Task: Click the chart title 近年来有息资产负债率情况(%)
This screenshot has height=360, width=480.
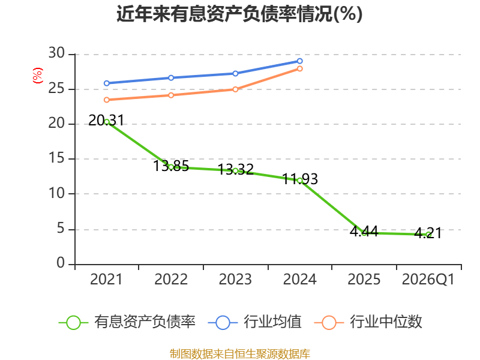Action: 239,14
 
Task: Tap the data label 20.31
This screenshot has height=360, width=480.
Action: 106,121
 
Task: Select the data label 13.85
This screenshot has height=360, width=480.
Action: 171,166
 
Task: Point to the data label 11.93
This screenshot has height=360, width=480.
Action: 299,179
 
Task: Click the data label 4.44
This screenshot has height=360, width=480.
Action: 364,232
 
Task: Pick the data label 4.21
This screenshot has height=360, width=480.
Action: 428,233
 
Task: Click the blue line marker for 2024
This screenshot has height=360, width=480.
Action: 299,61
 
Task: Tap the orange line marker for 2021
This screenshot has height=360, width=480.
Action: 107,100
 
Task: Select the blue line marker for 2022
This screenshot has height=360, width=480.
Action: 171,78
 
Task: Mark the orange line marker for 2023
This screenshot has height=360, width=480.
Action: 235,89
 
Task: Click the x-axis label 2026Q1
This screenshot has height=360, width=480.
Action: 428,280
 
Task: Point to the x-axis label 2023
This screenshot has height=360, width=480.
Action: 235,280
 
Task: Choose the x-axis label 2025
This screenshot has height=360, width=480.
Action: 364,280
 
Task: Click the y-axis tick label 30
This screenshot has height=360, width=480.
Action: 56,53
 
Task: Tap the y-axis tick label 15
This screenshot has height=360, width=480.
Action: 56,158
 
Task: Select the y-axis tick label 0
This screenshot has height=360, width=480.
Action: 61,263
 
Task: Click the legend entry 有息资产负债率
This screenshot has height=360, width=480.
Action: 127,322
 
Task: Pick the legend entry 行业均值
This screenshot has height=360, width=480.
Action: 254,322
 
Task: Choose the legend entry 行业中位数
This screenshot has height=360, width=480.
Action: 368,322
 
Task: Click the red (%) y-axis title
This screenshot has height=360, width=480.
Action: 38,76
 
